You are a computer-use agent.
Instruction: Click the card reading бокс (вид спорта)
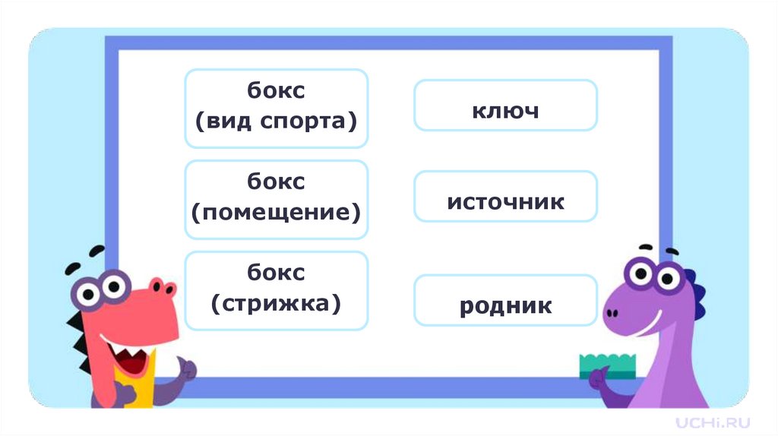276,108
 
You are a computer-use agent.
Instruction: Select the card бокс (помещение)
276,199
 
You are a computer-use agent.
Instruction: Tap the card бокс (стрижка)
276,290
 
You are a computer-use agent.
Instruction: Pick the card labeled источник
505,202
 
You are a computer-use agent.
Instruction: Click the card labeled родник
505,306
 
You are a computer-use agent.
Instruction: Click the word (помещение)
276,212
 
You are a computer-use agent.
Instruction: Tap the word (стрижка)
276,304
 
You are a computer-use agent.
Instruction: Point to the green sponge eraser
608,365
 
